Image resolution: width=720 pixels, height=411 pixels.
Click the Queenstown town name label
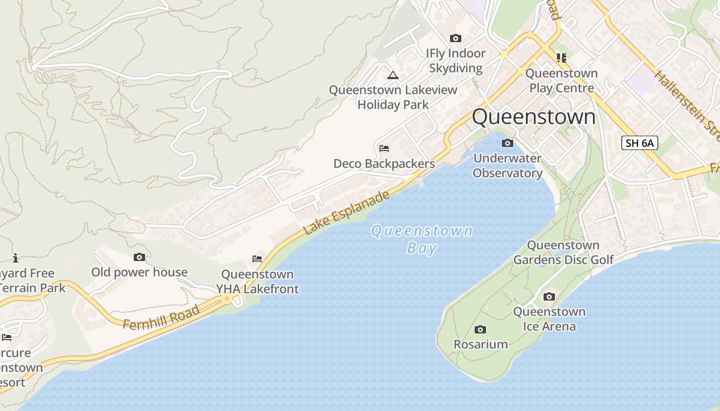(x=533, y=117)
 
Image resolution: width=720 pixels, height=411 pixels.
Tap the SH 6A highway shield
(x=640, y=143)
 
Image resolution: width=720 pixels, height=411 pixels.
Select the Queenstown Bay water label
(x=422, y=239)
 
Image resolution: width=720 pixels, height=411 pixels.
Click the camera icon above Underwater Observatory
(x=507, y=143)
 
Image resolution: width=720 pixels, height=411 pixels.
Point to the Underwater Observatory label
(x=508, y=165)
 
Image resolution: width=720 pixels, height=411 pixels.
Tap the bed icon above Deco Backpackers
(x=384, y=148)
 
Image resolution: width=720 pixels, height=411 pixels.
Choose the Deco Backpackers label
(x=384, y=164)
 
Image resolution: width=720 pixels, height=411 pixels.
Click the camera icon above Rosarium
(x=480, y=329)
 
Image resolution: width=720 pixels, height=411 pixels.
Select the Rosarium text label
(x=480, y=344)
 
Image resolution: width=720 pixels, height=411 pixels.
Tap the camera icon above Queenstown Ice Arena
(x=549, y=296)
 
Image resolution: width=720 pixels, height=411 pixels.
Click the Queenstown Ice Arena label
(x=549, y=319)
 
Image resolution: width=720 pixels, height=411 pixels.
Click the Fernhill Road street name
(x=161, y=317)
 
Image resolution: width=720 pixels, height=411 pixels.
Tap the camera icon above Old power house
(x=139, y=257)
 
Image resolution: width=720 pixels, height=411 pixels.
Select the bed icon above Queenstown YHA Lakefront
(x=257, y=258)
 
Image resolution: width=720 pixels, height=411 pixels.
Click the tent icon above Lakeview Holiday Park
(x=393, y=76)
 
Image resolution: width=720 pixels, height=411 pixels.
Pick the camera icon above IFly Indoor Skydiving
(x=456, y=39)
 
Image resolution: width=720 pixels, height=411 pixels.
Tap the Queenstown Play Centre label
(x=562, y=81)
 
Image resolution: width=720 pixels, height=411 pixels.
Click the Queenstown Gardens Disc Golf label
(x=564, y=252)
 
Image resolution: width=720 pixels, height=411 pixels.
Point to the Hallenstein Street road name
(x=687, y=105)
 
